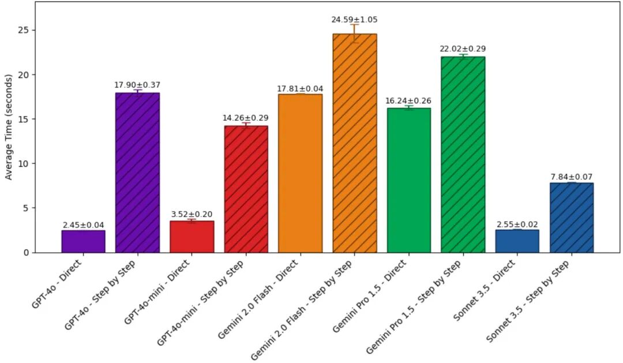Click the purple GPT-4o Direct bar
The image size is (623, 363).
tap(84, 241)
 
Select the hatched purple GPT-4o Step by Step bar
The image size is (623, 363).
tap(137, 173)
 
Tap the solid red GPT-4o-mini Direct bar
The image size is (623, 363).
tap(192, 237)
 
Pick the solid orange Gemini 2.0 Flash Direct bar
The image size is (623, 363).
tap(301, 173)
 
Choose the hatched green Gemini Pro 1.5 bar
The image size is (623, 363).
tap(463, 155)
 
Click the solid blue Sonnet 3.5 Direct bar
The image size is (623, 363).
tap(517, 241)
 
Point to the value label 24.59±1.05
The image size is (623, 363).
tap(354, 20)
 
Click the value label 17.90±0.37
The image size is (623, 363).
tap(137, 85)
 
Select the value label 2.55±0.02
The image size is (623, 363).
tap(517, 224)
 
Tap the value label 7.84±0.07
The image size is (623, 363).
tap(572, 177)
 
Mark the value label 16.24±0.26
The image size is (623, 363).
tap(408, 100)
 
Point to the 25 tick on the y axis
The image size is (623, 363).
tap(23, 30)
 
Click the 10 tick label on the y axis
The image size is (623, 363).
tap(23, 163)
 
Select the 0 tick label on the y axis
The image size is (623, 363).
tap(26, 252)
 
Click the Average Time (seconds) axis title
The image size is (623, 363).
tap(8, 127)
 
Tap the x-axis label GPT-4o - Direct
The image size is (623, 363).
tap(57, 284)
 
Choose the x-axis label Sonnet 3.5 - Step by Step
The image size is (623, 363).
tap(528, 301)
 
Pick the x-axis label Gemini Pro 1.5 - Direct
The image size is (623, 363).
tap(370, 296)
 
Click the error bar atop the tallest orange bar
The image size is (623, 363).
tap(354, 34)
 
